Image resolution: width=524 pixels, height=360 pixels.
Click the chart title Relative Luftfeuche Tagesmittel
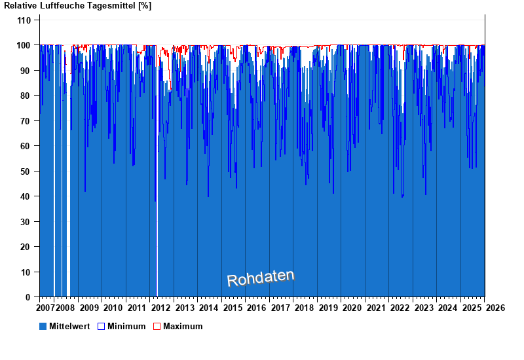(x=77, y=6)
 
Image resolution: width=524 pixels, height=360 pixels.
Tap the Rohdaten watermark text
(x=261, y=278)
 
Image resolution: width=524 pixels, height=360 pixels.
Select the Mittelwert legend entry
(x=69, y=326)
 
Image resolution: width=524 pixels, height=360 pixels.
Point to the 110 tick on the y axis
(x=24, y=20)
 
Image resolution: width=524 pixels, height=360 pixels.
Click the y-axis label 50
(x=26, y=171)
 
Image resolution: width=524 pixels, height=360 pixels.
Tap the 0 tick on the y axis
(x=29, y=297)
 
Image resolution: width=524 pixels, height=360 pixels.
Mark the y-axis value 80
(x=26, y=96)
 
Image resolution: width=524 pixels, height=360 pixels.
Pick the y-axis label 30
(x=26, y=222)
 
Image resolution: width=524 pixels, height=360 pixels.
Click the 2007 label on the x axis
(x=45, y=308)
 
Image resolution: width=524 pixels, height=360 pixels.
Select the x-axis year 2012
(x=161, y=308)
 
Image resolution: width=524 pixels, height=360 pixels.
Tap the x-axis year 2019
(x=328, y=308)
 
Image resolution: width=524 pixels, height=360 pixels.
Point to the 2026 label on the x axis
(x=495, y=308)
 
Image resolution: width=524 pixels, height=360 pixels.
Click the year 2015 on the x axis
(x=233, y=308)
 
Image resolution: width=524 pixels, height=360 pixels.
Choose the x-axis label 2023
(x=424, y=308)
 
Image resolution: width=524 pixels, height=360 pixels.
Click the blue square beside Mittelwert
(x=43, y=326)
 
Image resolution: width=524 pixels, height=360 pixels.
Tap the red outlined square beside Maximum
(x=157, y=326)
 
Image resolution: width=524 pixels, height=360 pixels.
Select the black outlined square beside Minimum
(x=101, y=326)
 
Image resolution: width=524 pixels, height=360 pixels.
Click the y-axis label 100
(x=24, y=45)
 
